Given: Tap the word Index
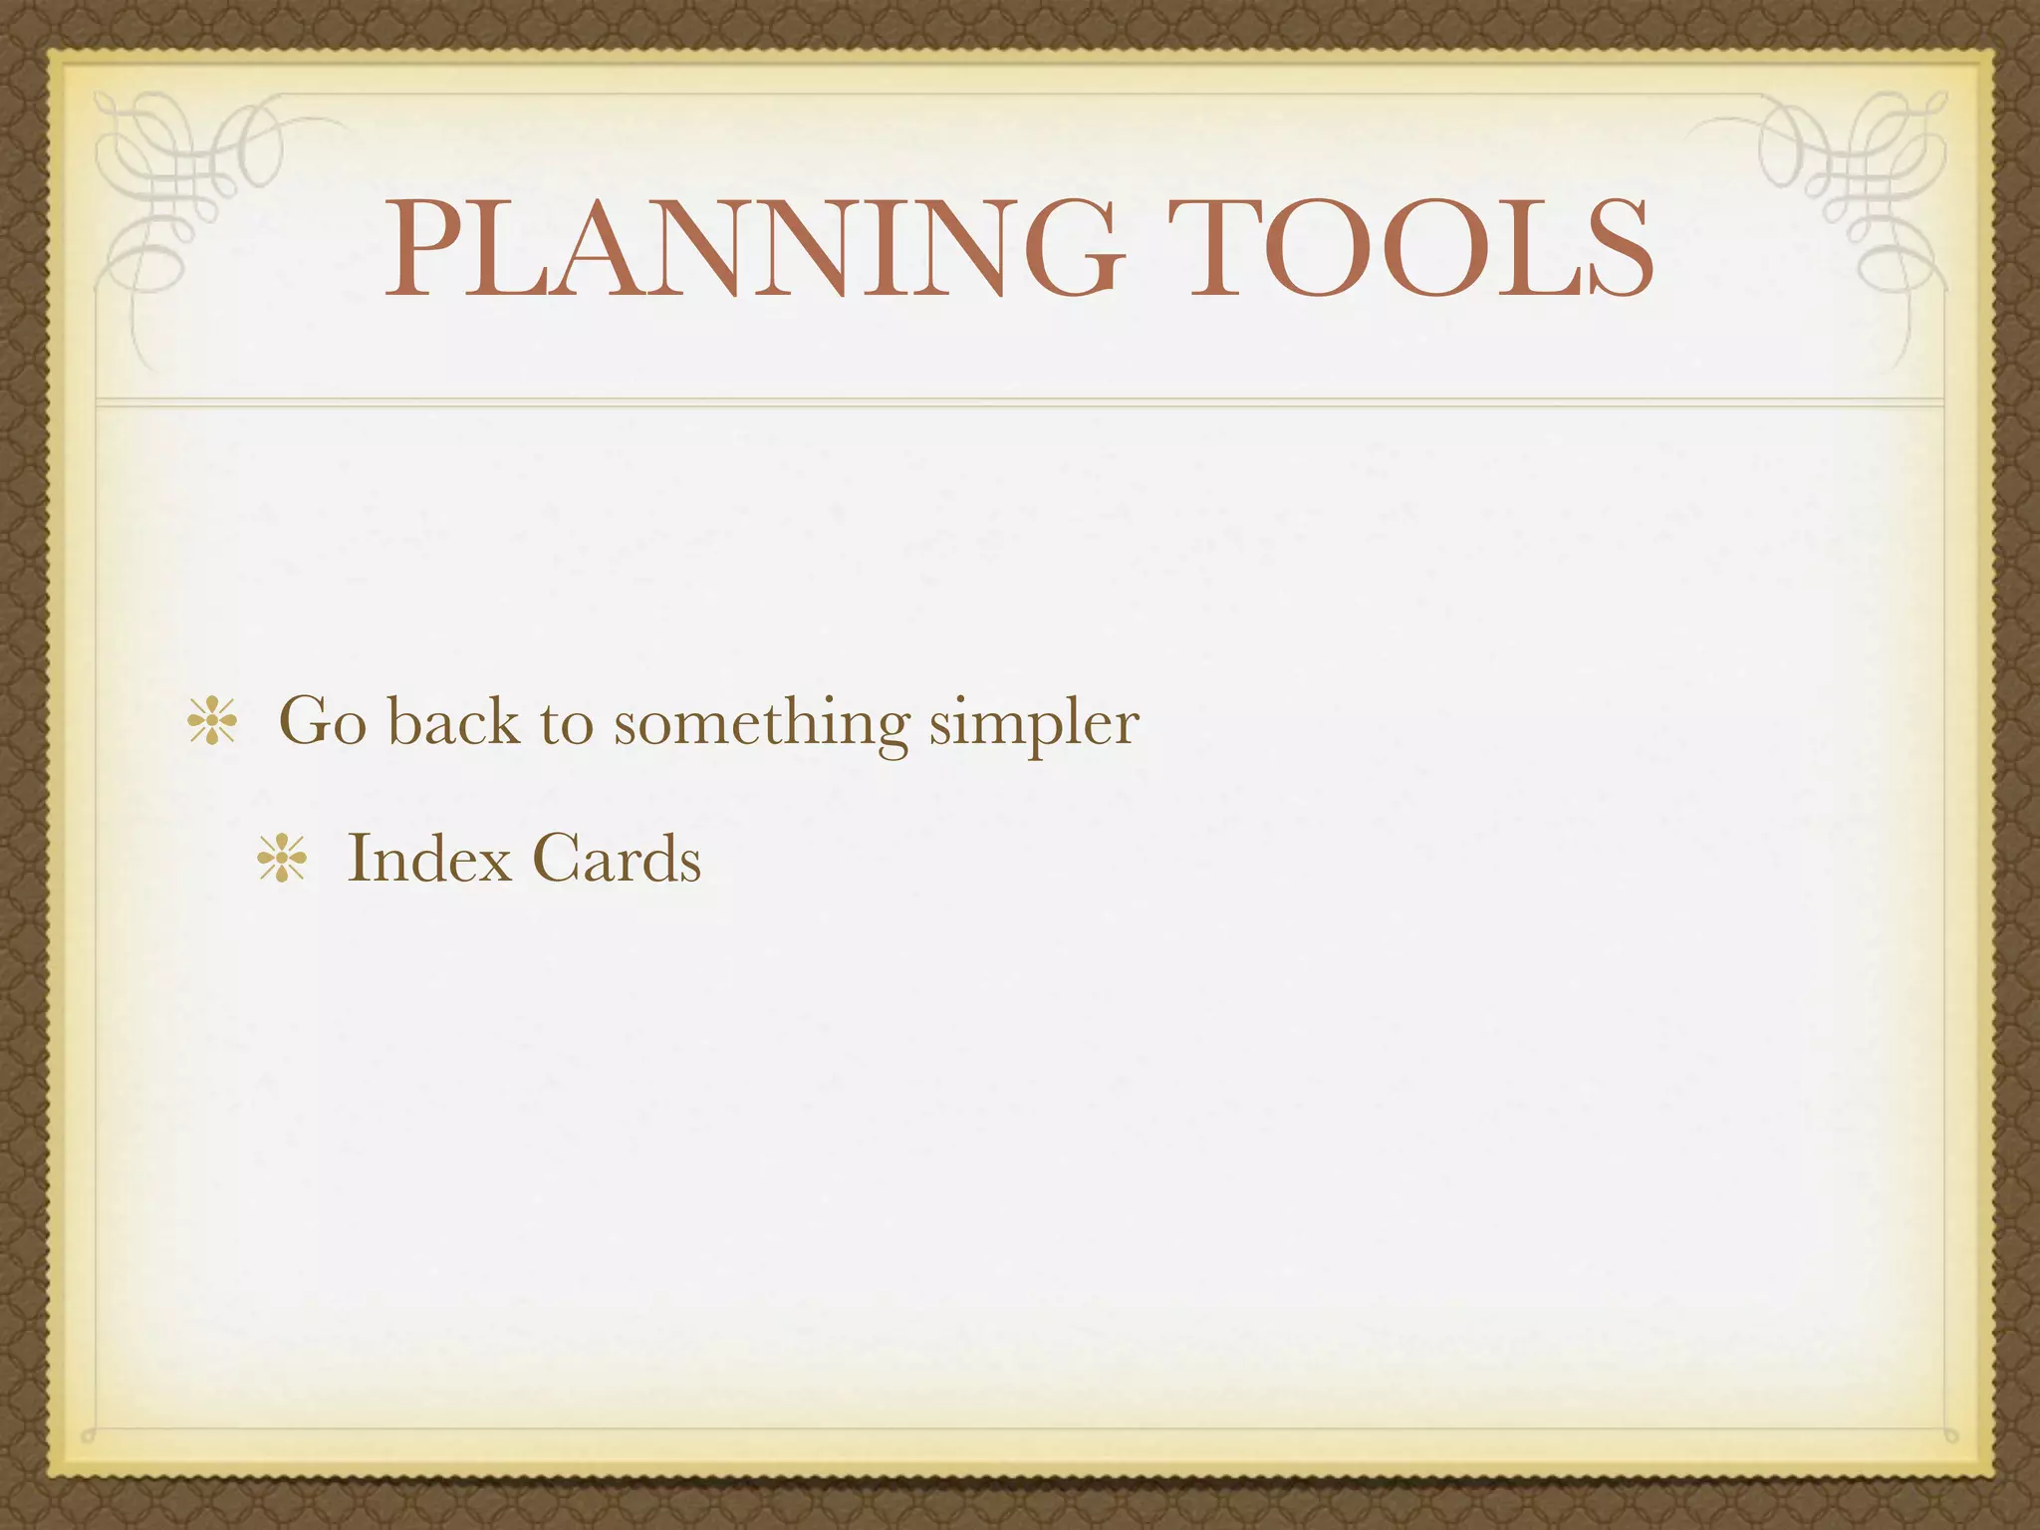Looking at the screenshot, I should [x=427, y=858].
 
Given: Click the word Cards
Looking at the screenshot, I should [x=617, y=858].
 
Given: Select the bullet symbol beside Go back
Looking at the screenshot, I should [x=212, y=722].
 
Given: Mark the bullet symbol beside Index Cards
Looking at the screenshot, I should [x=282, y=859].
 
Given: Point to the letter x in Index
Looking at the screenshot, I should [x=489, y=863].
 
